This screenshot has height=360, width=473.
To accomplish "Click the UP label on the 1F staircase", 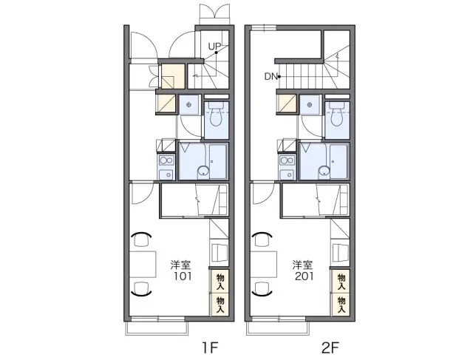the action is pos(214,47).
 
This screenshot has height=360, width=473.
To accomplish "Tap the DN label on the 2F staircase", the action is pos(270,77).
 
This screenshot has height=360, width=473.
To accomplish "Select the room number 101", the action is pos(183,276).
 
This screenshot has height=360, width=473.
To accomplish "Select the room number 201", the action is pos(304,276).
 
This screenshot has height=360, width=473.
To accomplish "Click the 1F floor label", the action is pos(210,348).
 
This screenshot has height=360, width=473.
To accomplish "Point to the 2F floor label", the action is pos(330,348).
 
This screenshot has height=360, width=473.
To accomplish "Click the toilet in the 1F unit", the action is pos(217,115).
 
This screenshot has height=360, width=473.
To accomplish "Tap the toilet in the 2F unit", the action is pos(337,115).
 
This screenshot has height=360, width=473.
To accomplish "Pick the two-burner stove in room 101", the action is pos(166,160).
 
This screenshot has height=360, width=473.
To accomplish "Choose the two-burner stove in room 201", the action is pos(287,160).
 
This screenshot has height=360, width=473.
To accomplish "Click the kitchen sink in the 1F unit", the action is pos(166,174).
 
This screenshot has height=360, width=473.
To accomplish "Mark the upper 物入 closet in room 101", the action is pos(220,282).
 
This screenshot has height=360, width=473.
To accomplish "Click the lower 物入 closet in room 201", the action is pos(341,305).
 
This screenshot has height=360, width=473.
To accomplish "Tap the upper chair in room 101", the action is pos(141,239).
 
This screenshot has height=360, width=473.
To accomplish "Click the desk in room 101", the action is pos(143,264).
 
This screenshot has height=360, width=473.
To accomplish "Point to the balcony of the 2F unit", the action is pos(278,328).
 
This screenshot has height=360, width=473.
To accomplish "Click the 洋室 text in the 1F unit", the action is pos(180,265).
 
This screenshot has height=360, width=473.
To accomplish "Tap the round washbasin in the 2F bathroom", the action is pos(324,171).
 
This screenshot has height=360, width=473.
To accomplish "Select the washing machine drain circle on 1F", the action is pos(189,105).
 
